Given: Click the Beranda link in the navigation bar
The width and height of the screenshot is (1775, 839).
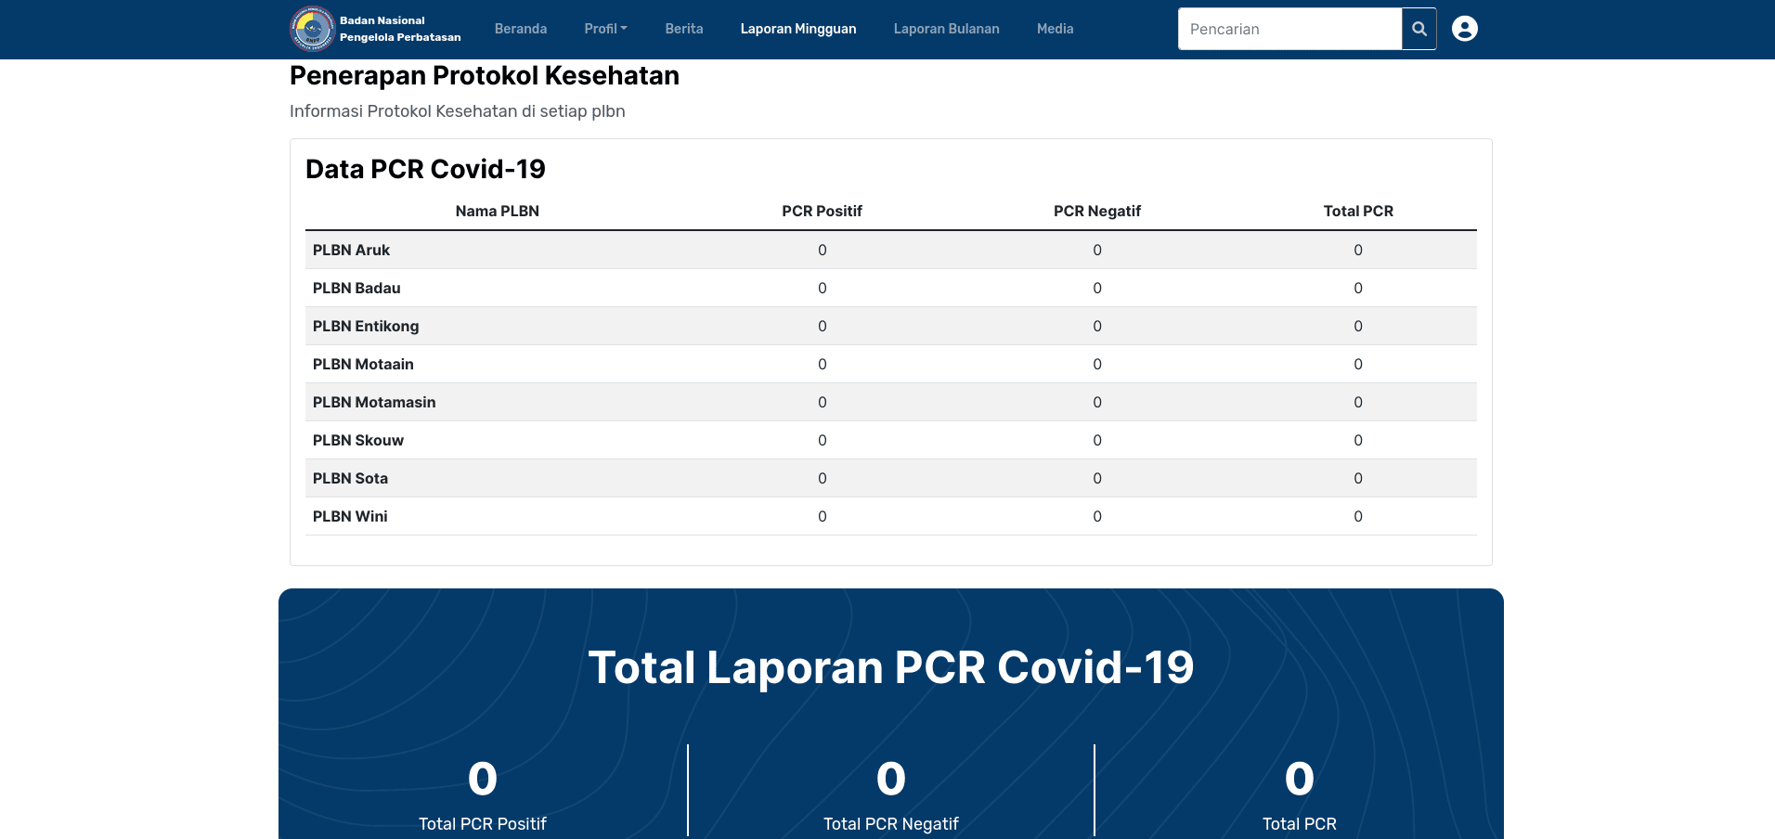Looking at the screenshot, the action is pyautogui.click(x=521, y=29).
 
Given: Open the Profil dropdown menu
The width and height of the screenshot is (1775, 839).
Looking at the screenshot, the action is pyautogui.click(x=605, y=29).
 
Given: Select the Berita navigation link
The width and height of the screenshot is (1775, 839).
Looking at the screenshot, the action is pyautogui.click(x=684, y=29).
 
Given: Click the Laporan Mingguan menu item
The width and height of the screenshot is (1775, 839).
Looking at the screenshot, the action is pyautogui.click(x=798, y=29).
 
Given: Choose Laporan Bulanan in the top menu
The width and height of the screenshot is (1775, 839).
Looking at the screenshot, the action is pyautogui.click(x=946, y=29).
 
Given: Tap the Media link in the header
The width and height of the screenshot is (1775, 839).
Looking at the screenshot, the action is pyautogui.click(x=1055, y=29).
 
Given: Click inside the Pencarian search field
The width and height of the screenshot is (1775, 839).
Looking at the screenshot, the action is pyautogui.click(x=1289, y=29).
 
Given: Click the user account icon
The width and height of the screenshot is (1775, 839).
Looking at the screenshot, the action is pyautogui.click(x=1465, y=29).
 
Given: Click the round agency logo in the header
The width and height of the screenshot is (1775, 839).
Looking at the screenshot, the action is pyautogui.click(x=312, y=29).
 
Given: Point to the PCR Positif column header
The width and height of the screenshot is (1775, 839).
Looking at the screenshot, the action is pyautogui.click(x=822, y=211).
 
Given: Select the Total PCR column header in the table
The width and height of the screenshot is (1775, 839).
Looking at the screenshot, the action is pyautogui.click(x=1358, y=211).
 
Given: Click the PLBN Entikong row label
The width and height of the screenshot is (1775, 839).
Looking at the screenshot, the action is pyautogui.click(x=366, y=326).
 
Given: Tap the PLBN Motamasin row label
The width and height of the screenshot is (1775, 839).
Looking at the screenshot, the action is pyautogui.click(x=374, y=402).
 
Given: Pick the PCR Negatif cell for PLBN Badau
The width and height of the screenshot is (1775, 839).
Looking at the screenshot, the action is pyautogui.click(x=1097, y=288).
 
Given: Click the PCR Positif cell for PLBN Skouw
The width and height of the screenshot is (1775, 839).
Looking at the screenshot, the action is pyautogui.click(x=822, y=440).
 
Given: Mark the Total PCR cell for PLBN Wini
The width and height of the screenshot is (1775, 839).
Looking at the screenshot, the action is pyautogui.click(x=1358, y=516).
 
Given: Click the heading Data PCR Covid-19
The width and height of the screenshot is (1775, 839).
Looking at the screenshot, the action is pyautogui.click(x=425, y=169).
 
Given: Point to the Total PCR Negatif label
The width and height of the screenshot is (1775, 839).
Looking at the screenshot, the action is pyautogui.click(x=891, y=823).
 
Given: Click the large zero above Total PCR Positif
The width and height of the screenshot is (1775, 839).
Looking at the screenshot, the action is pyautogui.click(x=483, y=779).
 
